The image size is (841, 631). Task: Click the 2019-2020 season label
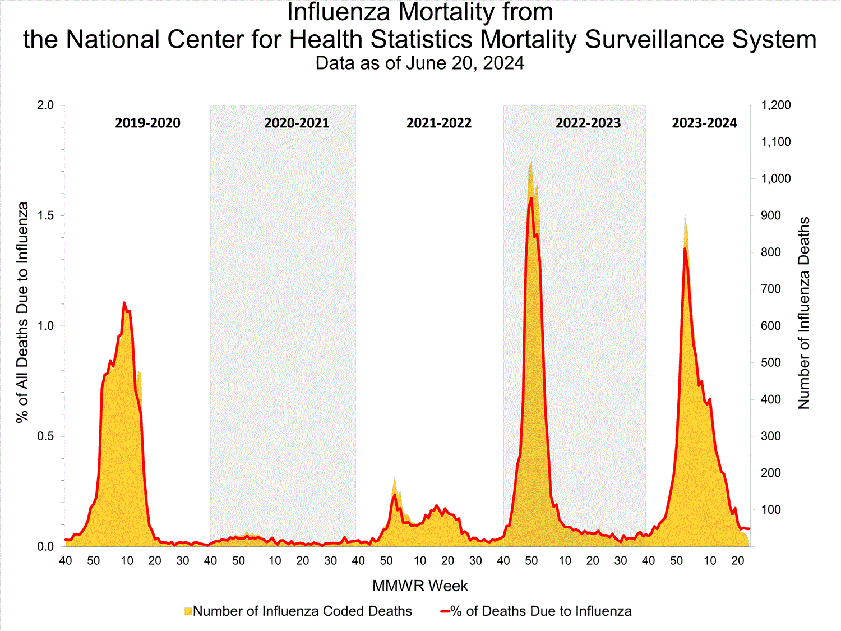[147, 123]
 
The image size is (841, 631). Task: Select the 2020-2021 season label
[297, 123]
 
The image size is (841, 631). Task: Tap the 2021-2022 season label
[439, 123]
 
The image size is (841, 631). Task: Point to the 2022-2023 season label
[588, 123]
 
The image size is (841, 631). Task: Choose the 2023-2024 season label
[704, 123]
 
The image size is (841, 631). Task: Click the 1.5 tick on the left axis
[45, 216]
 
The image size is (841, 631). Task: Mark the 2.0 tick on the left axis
[45, 105]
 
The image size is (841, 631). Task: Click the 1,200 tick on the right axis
[775, 105]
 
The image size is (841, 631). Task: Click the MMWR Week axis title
[420, 586]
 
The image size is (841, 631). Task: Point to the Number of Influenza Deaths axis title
[804, 313]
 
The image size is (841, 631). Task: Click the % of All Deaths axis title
[22, 313]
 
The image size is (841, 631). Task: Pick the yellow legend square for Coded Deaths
[188, 611]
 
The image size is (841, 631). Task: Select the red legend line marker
[445, 611]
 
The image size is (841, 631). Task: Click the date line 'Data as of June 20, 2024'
[420, 63]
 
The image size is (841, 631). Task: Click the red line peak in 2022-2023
[532, 198]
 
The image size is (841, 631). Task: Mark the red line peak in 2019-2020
[124, 303]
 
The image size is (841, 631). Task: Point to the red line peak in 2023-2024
[685, 248]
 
